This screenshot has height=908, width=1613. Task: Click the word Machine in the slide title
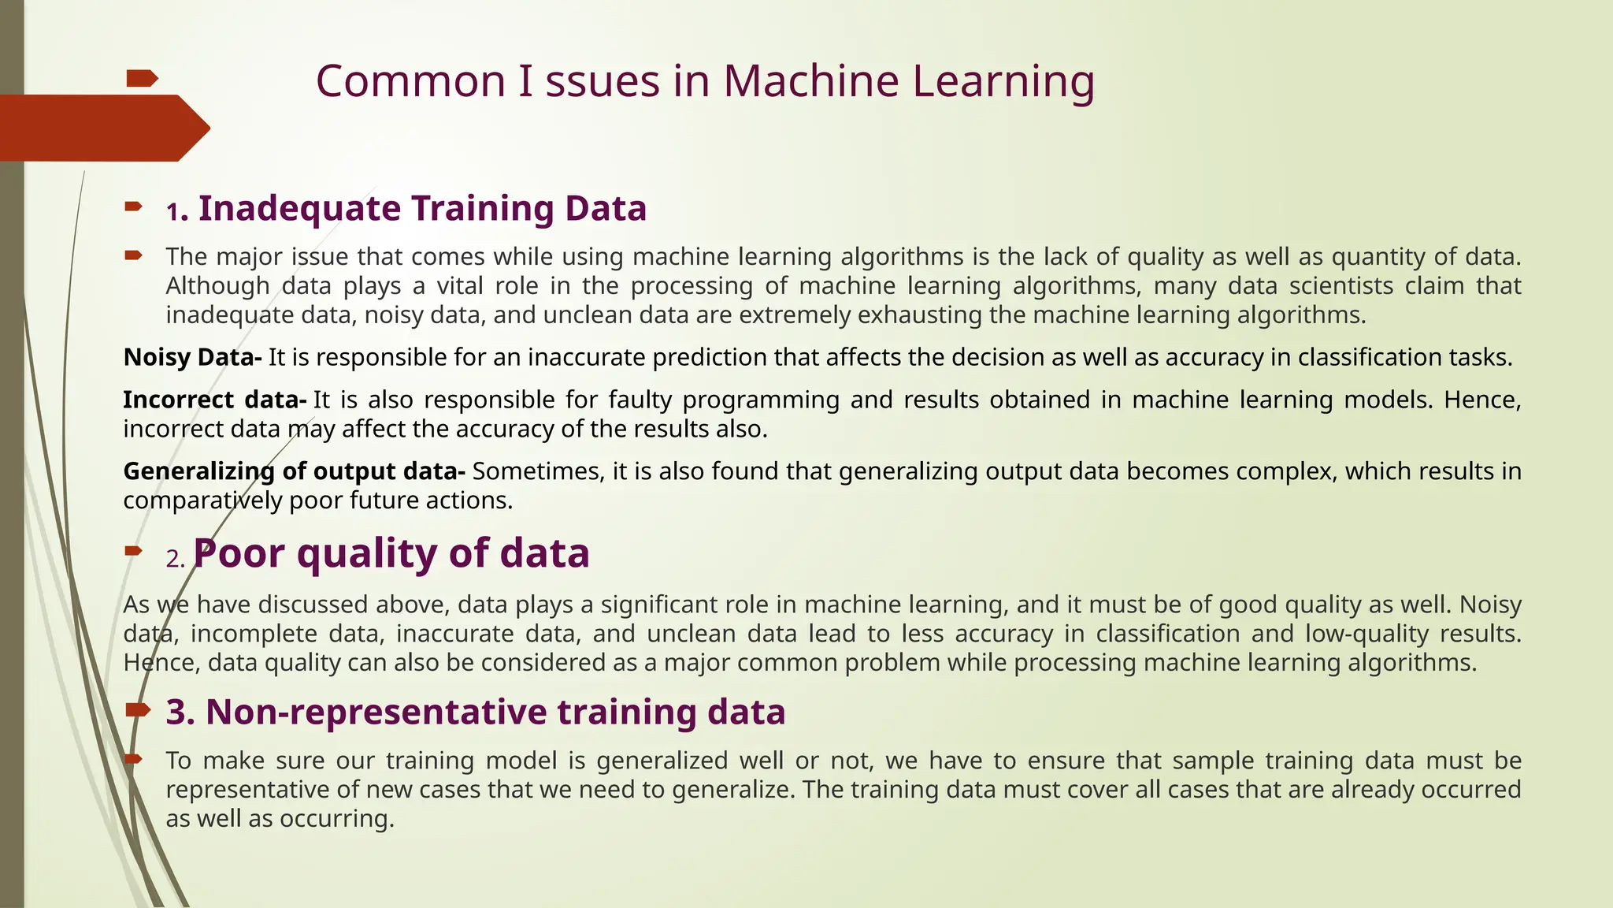point(810,81)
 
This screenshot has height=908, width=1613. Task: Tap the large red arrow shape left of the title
point(102,128)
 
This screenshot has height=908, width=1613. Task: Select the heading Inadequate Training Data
point(422,209)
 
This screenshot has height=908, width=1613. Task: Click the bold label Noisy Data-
point(192,357)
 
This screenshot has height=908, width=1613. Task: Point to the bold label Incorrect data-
point(214,400)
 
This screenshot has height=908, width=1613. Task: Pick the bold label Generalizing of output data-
point(295,471)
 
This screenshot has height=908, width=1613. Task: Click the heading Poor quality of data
point(391,553)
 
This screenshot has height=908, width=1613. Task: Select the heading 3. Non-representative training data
point(475,712)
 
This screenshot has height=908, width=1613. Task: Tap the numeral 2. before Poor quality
point(176,559)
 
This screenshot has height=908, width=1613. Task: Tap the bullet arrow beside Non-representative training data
point(138,710)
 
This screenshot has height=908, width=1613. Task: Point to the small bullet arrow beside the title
point(143,78)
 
